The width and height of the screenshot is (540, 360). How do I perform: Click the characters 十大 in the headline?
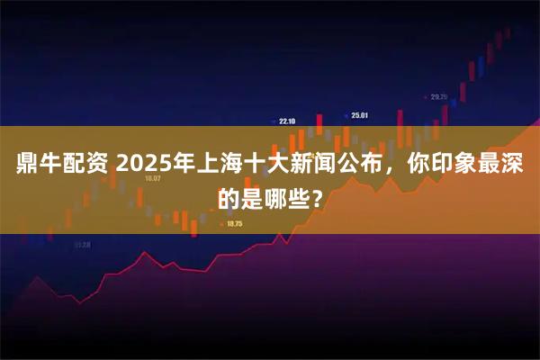coord(265,166)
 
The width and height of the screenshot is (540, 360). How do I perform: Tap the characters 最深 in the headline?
coord(501,166)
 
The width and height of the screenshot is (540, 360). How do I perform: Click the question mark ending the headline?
coord(312,198)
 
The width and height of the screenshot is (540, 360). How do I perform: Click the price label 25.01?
coord(360,115)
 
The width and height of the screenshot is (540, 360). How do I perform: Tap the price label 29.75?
coord(439,96)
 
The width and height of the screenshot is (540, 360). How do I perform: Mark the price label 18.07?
coord(153,178)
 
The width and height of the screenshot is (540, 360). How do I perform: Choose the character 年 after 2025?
coord(179,166)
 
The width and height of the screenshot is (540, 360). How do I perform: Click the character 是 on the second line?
coord(255,198)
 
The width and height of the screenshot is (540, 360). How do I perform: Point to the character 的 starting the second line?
coord(230,198)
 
